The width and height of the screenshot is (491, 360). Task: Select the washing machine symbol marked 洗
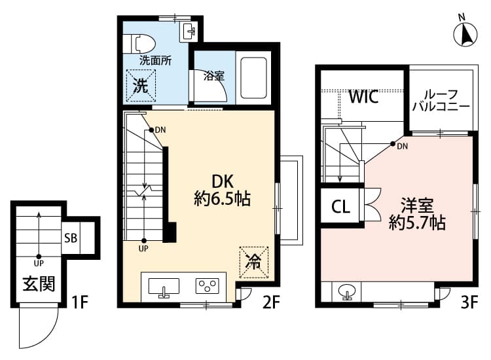click(141, 84)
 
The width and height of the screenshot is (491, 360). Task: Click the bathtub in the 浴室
click(252, 77)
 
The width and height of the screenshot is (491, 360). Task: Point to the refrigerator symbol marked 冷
click(254, 261)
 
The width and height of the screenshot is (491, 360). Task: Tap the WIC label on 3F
click(363, 98)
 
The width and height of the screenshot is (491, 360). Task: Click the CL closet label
click(341, 207)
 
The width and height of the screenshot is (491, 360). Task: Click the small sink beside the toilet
click(190, 30)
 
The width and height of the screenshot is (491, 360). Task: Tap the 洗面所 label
click(155, 60)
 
